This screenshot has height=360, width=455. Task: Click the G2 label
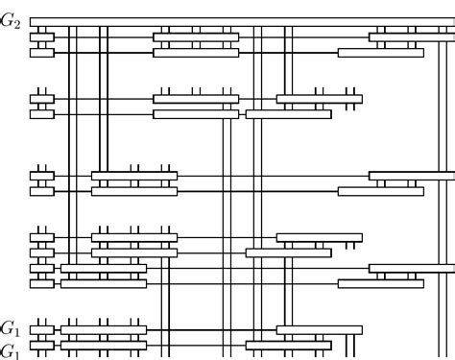12,21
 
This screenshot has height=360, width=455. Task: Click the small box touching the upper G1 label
41,329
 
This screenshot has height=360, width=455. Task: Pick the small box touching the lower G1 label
41,349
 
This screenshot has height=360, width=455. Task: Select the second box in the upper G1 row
104,329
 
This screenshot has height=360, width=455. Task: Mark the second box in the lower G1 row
104,349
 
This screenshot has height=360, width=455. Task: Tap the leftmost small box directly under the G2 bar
41,37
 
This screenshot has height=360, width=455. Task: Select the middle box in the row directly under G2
196,37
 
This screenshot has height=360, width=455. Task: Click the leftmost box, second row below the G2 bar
41,53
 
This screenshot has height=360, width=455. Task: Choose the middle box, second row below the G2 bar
196,53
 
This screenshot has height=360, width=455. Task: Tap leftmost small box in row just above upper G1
41,283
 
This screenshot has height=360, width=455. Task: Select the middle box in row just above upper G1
104,283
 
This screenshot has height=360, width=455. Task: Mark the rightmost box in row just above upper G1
380,283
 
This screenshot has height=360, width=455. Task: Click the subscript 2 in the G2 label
17,25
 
